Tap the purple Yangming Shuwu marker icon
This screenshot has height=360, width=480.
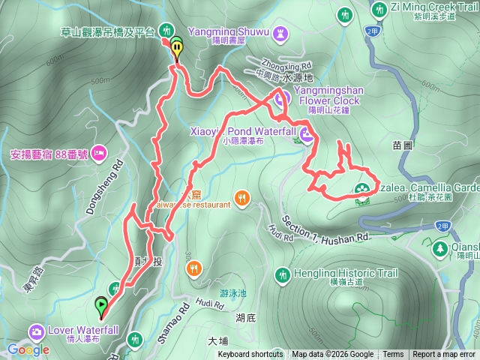click(x=281, y=33)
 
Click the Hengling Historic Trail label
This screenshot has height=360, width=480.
click(x=334, y=273)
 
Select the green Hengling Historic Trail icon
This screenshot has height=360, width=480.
click(x=283, y=274)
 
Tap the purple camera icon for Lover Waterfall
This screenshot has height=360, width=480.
click(x=35, y=331)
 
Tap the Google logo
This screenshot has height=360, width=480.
click(x=29, y=349)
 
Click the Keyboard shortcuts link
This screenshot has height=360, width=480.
click(x=250, y=355)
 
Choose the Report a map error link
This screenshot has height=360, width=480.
click(x=444, y=355)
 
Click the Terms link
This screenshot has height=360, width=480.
click(x=393, y=355)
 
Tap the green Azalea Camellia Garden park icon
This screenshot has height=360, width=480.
click(x=362, y=188)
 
